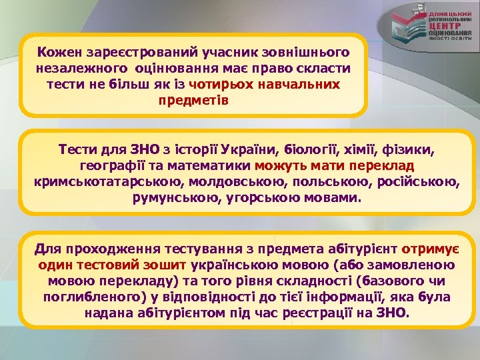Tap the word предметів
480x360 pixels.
point(193,101)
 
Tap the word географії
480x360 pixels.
point(109,165)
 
